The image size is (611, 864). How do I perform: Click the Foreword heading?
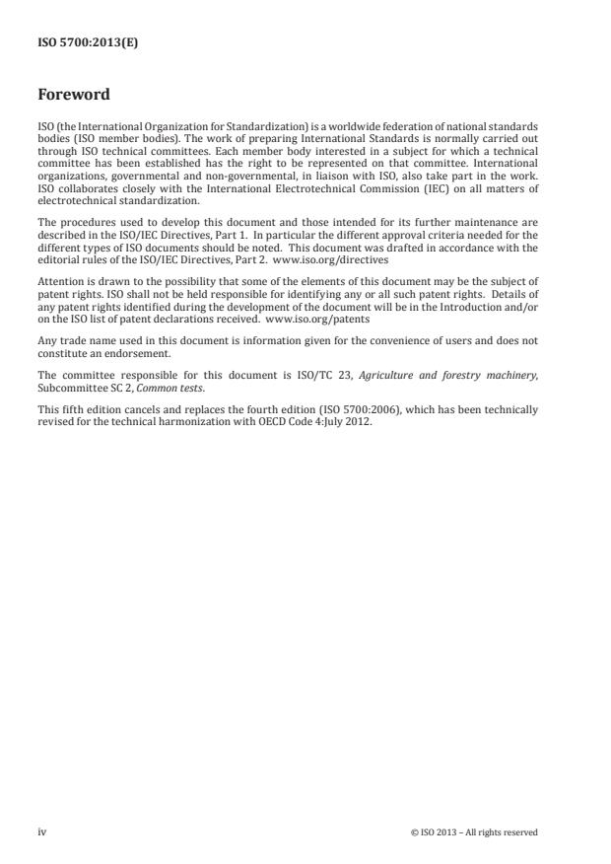[74, 96]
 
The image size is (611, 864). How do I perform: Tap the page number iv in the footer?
[42, 832]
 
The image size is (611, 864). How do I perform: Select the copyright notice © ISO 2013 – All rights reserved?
[474, 832]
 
